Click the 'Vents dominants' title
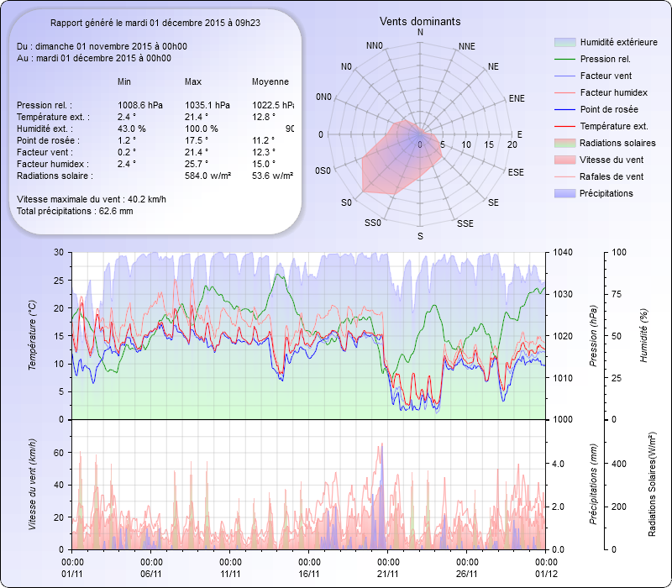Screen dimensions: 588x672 point(420,21)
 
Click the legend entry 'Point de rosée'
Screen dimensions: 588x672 point(608,110)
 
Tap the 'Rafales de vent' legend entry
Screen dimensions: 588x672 point(612,176)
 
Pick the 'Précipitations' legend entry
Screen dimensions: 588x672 point(606,193)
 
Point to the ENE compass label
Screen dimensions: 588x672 point(517,98)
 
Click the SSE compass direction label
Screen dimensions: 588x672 point(465,224)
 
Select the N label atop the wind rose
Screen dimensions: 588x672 point(420,33)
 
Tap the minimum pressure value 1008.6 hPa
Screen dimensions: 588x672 point(140,105)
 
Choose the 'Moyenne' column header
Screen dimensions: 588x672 point(270,82)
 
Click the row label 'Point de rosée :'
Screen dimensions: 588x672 point(46,140)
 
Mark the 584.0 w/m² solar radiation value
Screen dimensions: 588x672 point(208,176)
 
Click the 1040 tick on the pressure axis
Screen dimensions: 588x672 point(563,253)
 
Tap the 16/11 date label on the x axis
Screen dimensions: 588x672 point(309,574)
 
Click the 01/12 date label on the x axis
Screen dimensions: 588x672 point(546,574)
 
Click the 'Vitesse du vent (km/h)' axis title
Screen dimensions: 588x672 point(33,484)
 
